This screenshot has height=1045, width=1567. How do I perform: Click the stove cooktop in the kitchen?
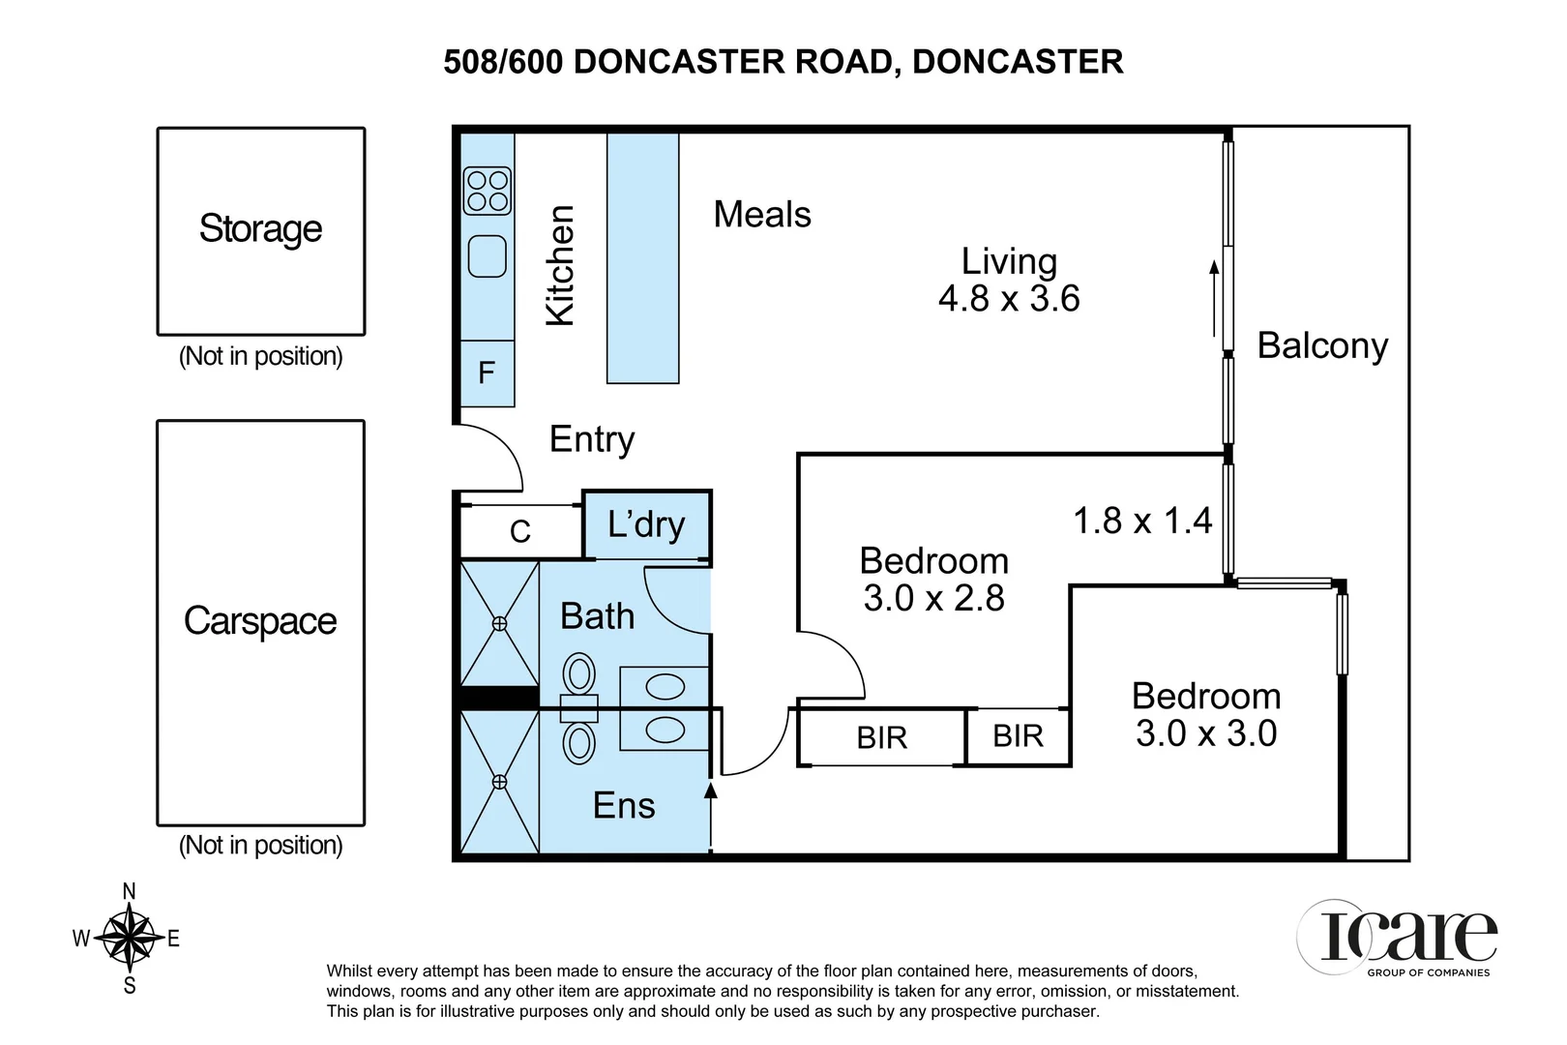click(x=487, y=191)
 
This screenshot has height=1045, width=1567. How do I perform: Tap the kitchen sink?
click(x=488, y=256)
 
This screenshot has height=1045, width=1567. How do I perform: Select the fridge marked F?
click(x=487, y=373)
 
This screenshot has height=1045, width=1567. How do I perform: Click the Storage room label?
click(x=260, y=229)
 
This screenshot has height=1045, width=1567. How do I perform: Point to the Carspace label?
click(x=260, y=621)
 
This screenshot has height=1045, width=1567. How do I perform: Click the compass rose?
click(x=129, y=938)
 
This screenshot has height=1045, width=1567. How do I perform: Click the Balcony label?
click(x=1322, y=345)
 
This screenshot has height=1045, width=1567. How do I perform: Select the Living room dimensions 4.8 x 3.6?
click(x=1009, y=299)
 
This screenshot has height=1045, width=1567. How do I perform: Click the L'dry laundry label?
click(x=646, y=524)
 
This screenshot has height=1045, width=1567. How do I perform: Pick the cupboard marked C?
click(x=520, y=531)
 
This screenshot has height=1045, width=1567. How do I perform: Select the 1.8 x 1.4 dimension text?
click(x=1142, y=522)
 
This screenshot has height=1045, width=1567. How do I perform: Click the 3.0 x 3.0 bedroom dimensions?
click(x=1206, y=733)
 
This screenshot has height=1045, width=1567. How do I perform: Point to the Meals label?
click(x=762, y=215)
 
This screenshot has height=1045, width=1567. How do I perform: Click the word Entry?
click(x=592, y=439)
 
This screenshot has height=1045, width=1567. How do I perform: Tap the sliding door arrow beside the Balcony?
click(x=1214, y=298)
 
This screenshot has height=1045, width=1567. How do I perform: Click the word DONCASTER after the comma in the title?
click(x=1018, y=62)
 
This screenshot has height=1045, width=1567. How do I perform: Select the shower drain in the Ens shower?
click(x=499, y=781)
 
